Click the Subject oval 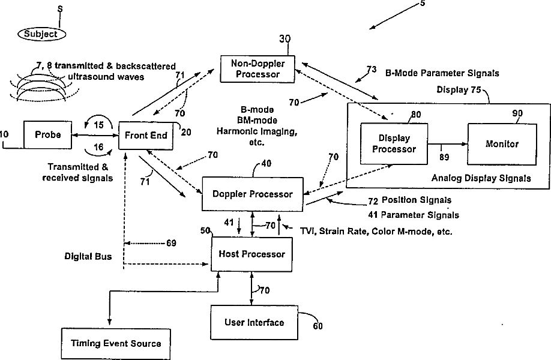click(x=41, y=34)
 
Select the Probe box click(x=48, y=135)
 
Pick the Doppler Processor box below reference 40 click(x=253, y=194)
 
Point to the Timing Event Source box click(x=116, y=343)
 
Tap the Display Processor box click(x=393, y=144)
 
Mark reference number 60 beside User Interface click(x=318, y=326)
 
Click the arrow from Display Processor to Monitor click(x=447, y=144)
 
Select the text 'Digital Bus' click(x=88, y=256)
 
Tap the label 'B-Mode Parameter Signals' click(x=442, y=73)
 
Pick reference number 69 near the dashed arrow click(x=172, y=244)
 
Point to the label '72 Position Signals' click(x=409, y=200)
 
